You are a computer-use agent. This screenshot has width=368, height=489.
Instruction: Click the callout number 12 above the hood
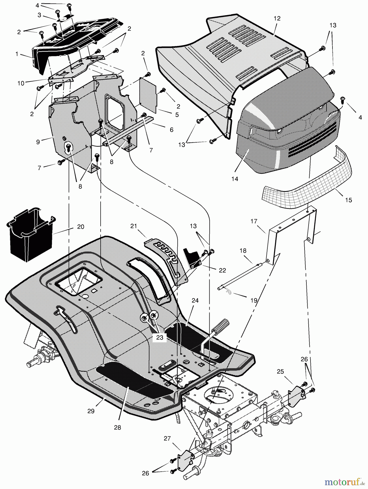pos(277,18)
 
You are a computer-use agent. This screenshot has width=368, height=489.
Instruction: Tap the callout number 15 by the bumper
pos(348,200)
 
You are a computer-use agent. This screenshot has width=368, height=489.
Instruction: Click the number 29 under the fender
pos(91,411)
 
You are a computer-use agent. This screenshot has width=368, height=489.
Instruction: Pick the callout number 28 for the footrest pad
pos(117,427)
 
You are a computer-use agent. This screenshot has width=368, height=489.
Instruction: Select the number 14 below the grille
pos(235,179)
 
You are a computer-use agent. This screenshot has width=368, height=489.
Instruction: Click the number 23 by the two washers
pos(160,337)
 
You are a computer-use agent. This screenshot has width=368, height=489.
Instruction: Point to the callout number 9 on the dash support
pos(38,142)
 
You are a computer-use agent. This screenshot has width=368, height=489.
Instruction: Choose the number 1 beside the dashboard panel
pos(17,54)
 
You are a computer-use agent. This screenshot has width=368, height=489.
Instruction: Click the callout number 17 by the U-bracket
pos(254,221)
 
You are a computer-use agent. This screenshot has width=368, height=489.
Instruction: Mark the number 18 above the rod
pos(243,250)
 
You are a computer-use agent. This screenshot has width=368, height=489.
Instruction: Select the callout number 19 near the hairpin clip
pos(254,300)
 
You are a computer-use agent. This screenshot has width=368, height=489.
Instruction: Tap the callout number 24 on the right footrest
pos(195,300)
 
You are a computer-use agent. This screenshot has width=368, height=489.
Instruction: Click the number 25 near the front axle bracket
pos(280,371)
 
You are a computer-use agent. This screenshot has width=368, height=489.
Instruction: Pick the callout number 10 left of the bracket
pos(21,83)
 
